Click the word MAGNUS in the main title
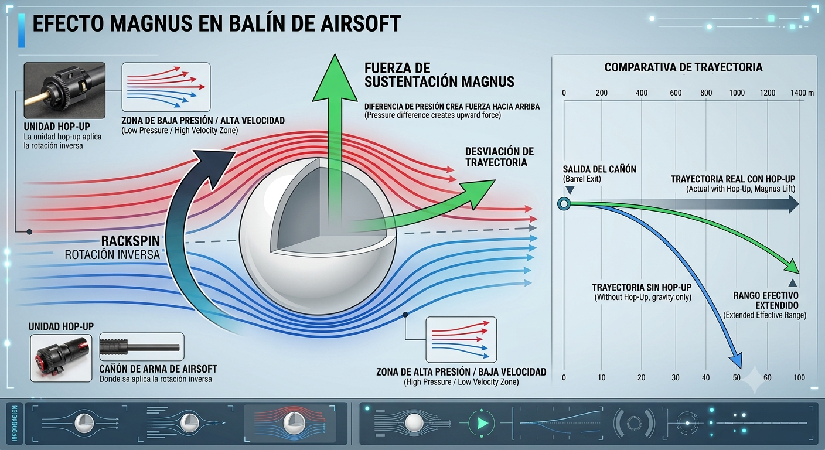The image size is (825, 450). [x=151, y=24]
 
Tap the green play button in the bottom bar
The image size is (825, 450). [x=482, y=423]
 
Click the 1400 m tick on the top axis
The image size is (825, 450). [x=802, y=93]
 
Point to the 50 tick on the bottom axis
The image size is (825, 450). [x=737, y=377]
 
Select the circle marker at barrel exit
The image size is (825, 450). [x=564, y=204]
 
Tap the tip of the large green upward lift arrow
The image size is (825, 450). [x=335, y=54]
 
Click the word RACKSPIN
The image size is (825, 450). [x=131, y=241]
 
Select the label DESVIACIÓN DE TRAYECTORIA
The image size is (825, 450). [x=499, y=157]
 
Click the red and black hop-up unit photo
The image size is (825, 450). [x=61, y=358]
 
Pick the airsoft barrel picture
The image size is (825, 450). [x=142, y=347]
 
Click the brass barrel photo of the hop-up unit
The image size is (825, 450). [x=64, y=90]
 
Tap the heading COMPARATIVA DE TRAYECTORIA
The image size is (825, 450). [x=684, y=67]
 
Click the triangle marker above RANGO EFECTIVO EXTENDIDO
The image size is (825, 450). [x=793, y=283]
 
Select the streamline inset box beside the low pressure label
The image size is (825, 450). [x=166, y=87]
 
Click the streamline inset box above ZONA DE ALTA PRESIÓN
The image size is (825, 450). [x=461, y=339]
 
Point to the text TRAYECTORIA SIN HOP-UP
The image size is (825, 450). [x=642, y=287]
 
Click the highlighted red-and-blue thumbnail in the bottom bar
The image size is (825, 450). [x=290, y=423]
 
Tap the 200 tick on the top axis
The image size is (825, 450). [x=601, y=93]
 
